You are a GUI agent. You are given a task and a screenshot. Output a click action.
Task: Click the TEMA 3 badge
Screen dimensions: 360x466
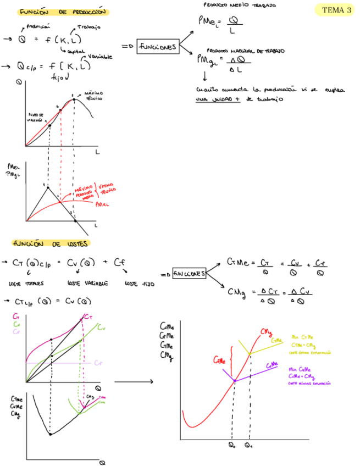[336, 9]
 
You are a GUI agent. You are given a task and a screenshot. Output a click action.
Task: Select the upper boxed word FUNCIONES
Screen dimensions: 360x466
[158, 47]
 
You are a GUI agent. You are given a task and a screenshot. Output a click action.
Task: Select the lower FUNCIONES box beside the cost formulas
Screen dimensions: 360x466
[189, 273]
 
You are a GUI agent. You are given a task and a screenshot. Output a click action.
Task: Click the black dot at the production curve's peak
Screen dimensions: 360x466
[73, 101]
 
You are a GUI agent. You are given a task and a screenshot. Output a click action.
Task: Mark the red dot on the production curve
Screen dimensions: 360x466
[60, 110]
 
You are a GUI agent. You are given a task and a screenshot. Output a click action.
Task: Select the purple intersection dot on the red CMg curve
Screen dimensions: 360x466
[235, 380]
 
